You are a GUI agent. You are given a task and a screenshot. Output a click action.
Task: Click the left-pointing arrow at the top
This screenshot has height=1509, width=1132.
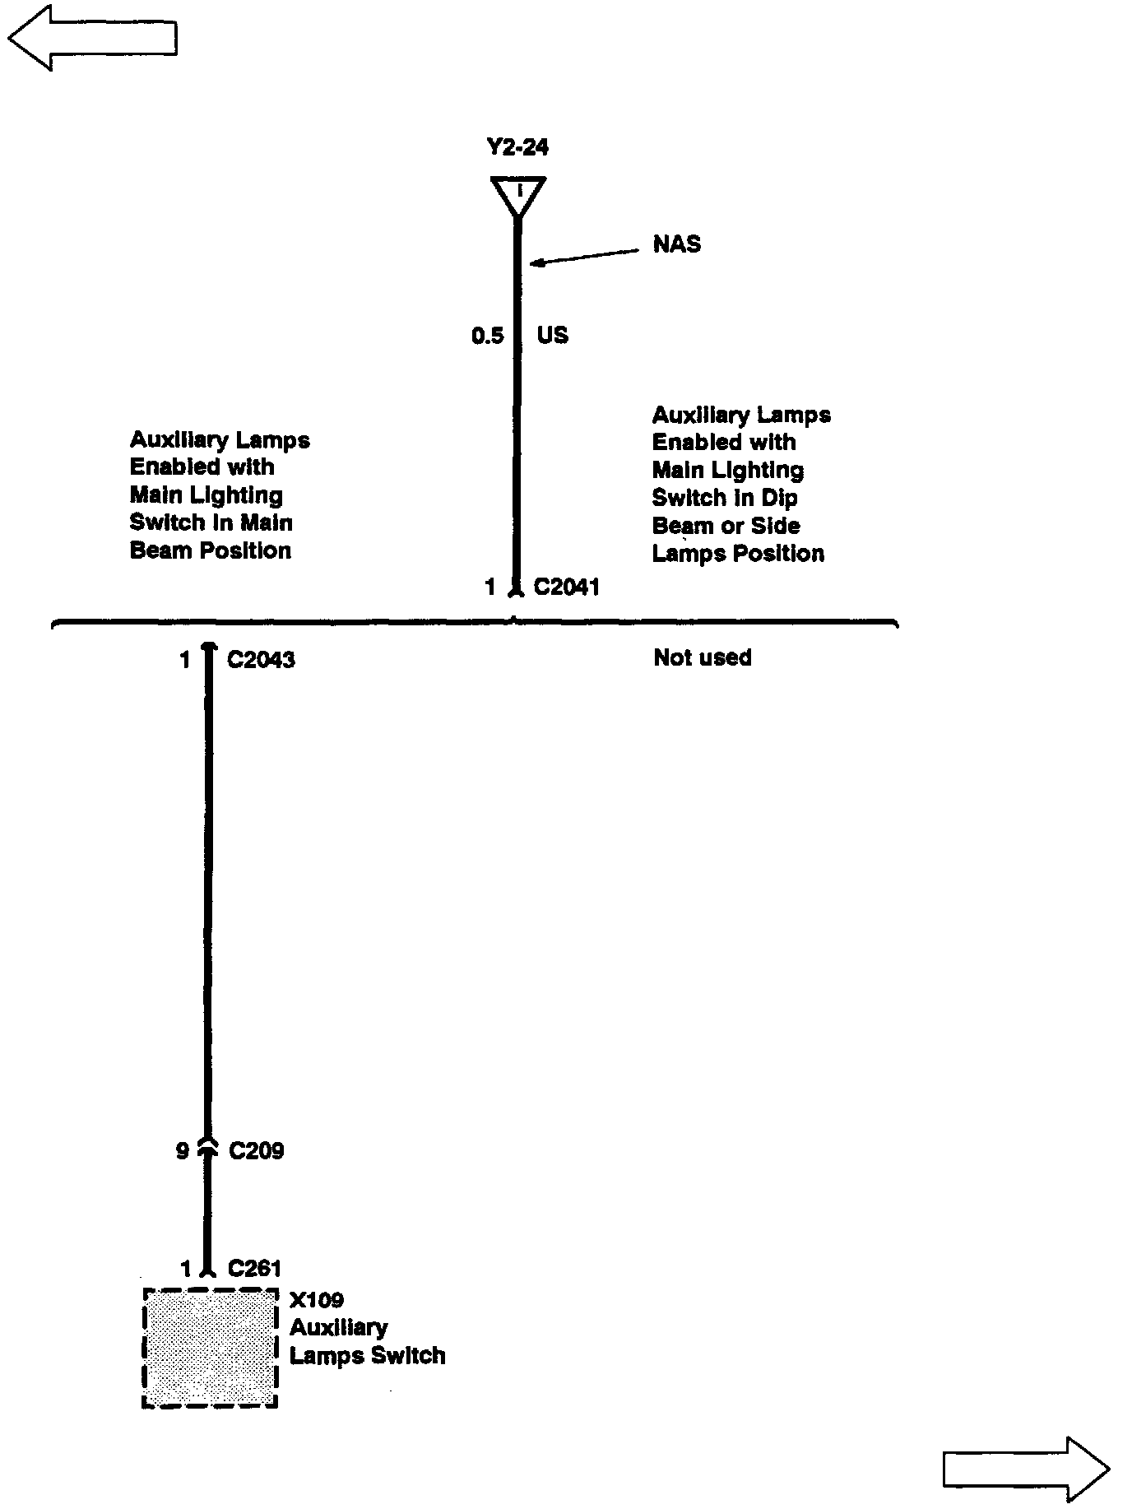(92, 38)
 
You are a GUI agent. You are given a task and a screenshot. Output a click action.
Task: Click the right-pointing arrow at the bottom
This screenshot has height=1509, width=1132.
(1025, 1468)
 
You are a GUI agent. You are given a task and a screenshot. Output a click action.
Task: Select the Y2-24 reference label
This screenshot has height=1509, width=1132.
(517, 147)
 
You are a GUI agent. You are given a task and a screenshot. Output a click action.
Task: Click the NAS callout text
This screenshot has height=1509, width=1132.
(676, 244)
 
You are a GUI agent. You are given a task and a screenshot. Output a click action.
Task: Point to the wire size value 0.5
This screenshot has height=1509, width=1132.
(487, 336)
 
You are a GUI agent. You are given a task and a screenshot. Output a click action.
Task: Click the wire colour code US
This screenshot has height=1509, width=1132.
(552, 336)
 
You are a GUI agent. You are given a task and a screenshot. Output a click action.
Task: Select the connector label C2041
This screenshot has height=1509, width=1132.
(566, 587)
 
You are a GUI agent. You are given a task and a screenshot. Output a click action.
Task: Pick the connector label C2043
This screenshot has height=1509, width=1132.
(261, 660)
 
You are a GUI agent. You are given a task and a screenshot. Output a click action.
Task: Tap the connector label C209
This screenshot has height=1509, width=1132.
(256, 1150)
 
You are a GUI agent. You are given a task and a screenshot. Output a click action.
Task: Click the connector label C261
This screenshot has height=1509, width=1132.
(254, 1269)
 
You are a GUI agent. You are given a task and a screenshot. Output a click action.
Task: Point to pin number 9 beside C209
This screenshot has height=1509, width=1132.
(183, 1150)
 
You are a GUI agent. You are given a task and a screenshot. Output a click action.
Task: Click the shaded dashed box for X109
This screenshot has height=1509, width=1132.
(210, 1348)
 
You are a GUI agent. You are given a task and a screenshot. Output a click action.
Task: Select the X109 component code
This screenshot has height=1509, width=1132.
(317, 1300)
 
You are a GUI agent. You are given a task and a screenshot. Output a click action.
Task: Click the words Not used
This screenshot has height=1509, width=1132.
(702, 657)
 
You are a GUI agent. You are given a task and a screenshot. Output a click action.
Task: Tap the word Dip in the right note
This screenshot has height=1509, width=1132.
(778, 498)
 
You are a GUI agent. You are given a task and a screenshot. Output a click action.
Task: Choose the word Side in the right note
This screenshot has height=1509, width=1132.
(775, 526)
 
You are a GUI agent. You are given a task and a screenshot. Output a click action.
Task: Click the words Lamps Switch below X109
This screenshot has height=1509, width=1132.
(367, 1355)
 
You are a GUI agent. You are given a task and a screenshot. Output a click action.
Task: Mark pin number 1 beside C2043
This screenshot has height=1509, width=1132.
(186, 660)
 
